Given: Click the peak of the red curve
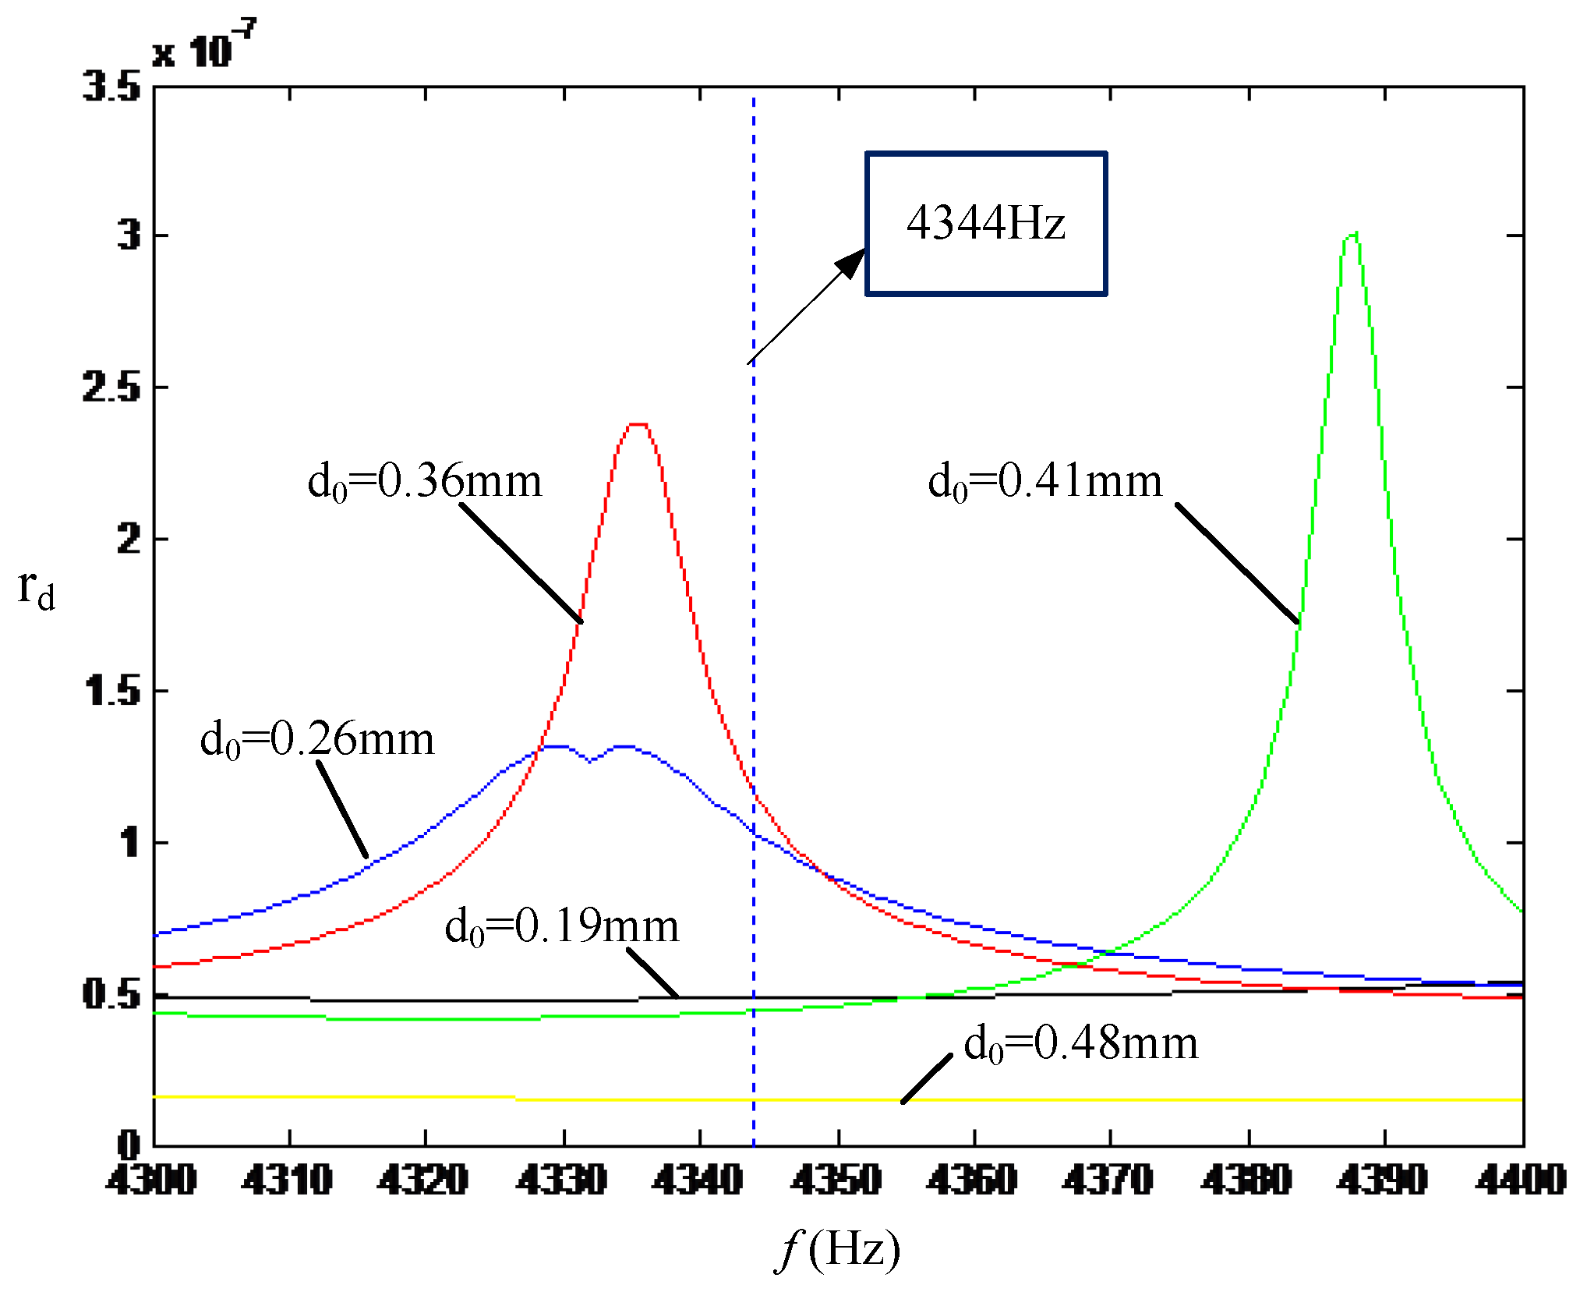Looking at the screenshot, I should coord(638,425).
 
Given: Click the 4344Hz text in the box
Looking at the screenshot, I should coord(985,224).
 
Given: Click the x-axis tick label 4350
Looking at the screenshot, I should coord(836,1180).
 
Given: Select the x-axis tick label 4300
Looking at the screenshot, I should coord(152,1180).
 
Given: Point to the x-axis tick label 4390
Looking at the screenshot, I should coord(1383,1180).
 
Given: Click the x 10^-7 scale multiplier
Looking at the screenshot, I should coord(204,47).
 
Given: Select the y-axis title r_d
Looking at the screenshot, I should coord(36,589).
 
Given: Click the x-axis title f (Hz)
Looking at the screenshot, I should coord(839,1249).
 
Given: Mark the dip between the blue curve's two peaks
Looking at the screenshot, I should coord(590,761).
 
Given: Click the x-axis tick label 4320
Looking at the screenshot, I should coord(424,1180).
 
